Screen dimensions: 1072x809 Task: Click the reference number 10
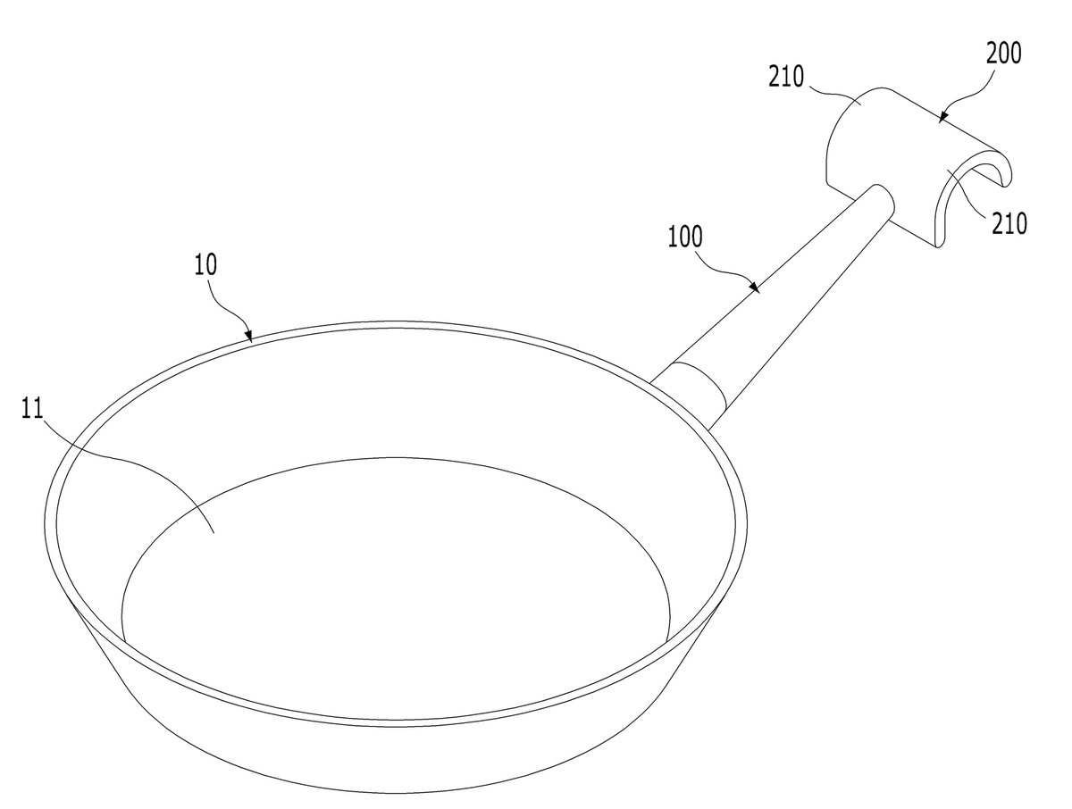[x=205, y=264]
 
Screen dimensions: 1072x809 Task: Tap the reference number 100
[x=685, y=237]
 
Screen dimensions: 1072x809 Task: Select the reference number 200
[x=1003, y=54]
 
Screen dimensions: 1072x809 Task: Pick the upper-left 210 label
[x=786, y=77]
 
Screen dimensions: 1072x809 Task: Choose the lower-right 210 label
[x=1009, y=223]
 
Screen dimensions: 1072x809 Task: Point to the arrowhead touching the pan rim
[x=249, y=336]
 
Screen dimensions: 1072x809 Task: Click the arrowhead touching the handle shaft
[x=755, y=287]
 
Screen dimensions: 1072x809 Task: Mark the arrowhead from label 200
[x=943, y=117]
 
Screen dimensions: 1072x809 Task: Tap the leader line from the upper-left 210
[x=834, y=92]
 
